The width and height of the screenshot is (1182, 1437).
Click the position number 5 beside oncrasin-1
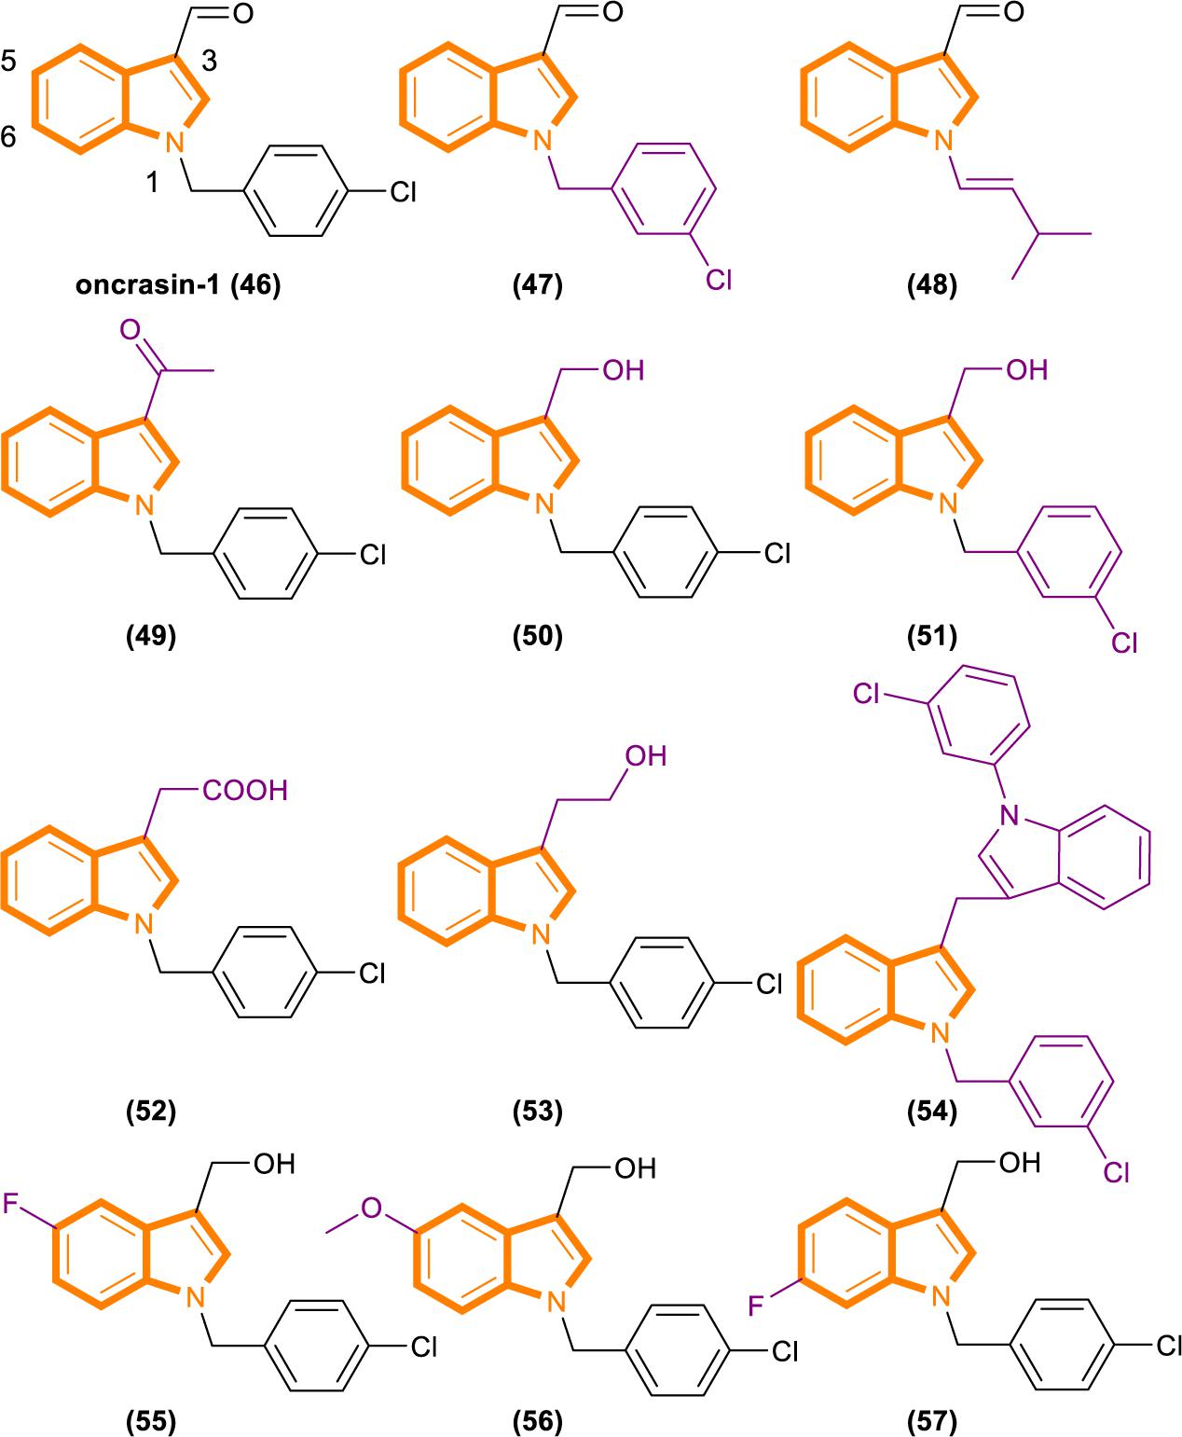coord(8,63)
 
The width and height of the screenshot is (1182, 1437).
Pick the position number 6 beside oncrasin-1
coord(8,138)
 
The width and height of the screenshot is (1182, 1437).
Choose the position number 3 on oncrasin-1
coord(209,62)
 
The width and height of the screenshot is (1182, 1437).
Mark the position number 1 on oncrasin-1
coord(151,183)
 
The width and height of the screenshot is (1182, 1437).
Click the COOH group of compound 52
coord(245,792)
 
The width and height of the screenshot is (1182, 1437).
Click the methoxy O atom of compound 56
coord(372,1209)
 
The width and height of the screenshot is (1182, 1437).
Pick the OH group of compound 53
coord(645,755)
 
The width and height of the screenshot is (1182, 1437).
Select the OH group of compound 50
coord(623,370)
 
